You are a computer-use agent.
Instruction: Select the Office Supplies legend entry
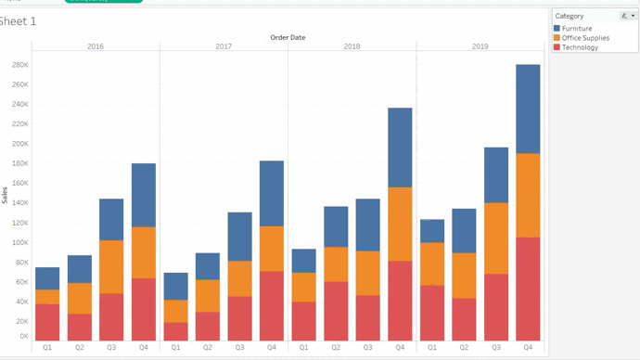tap(584, 38)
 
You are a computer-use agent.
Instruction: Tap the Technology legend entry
tap(580, 47)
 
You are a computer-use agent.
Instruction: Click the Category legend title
tap(569, 16)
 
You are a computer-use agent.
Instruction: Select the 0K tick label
tap(22, 337)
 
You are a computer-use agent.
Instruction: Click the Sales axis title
tap(6, 195)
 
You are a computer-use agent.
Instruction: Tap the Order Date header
tap(288, 37)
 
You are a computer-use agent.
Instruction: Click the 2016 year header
tap(96, 46)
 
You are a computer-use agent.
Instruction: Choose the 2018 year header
tap(352, 46)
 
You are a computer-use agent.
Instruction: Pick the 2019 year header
tap(480, 46)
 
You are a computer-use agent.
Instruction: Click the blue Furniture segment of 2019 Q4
tap(528, 109)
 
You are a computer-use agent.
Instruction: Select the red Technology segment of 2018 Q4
tap(400, 301)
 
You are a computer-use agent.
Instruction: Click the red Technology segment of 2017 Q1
tap(175, 331)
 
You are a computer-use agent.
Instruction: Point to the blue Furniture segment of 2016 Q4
tap(144, 195)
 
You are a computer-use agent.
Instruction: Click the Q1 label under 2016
tap(47, 347)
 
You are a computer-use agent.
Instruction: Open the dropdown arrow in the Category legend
tap(634, 16)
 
